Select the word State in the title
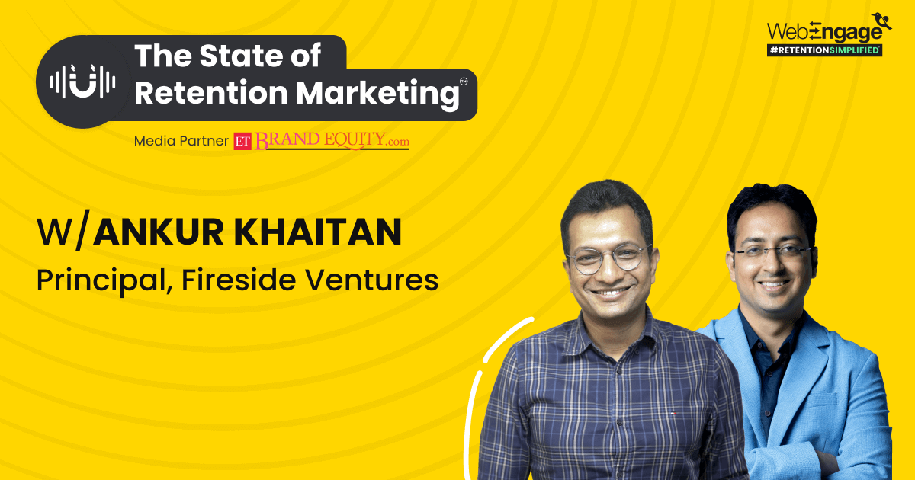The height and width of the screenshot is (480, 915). [242, 56]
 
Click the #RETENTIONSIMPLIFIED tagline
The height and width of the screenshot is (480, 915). [824, 50]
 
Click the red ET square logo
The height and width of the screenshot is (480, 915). [243, 141]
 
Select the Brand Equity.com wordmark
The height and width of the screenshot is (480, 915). [332, 141]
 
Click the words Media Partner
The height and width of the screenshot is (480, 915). [181, 141]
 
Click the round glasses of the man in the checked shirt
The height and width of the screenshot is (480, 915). [607, 259]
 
